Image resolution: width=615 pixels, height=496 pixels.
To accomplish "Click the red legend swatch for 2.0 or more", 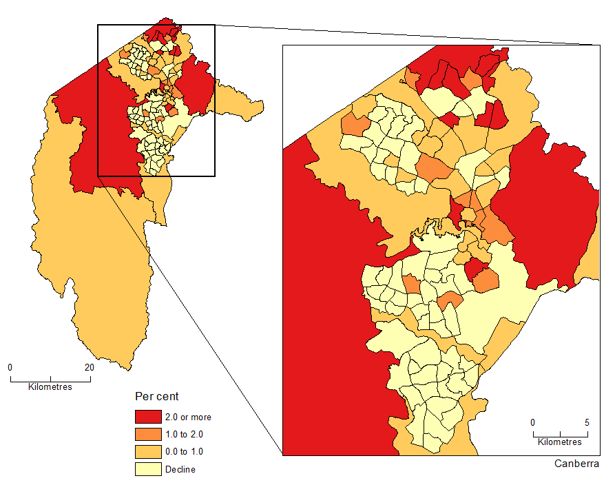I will click(147, 417).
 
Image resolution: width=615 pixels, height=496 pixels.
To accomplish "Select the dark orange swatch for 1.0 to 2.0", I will click(147, 434).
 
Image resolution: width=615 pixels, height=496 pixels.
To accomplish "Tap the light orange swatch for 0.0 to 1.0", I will click(147, 452).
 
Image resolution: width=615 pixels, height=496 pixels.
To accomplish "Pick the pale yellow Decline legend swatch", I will click(147, 470).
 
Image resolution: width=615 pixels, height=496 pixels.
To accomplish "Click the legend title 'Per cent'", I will click(156, 397).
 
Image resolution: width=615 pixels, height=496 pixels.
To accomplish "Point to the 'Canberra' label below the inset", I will click(576, 464).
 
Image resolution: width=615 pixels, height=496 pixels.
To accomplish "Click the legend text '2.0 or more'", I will click(187, 417).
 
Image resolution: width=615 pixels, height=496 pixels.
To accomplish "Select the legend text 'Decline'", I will click(180, 470).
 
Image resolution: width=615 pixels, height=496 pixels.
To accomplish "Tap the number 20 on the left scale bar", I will click(89, 367).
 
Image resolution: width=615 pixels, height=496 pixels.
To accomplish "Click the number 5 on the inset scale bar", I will click(587, 422).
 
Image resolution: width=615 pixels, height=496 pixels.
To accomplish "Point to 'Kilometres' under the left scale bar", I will click(50, 386).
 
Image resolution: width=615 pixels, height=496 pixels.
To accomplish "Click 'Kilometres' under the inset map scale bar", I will click(559, 442).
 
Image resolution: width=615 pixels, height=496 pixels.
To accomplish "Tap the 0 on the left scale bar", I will click(10, 367).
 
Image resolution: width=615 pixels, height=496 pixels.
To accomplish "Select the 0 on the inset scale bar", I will click(532, 422).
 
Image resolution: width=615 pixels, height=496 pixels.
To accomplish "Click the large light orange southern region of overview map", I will click(103, 276).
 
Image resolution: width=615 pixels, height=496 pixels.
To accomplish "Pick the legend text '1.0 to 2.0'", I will click(184, 434).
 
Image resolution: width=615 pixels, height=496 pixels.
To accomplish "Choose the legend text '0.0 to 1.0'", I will click(184, 452).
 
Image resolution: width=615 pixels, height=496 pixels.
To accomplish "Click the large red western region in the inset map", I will click(331, 310).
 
